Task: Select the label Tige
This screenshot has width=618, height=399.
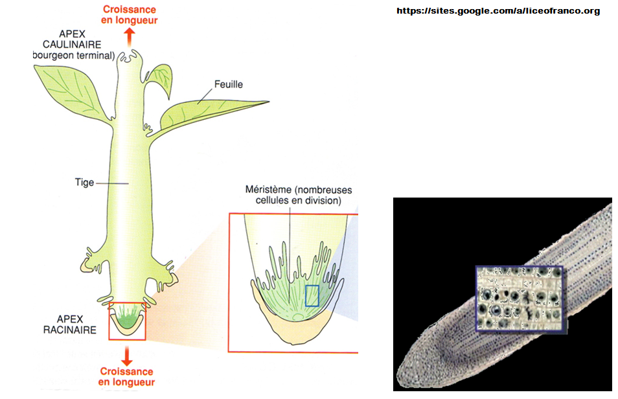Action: tap(85, 183)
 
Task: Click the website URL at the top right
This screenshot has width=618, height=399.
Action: tap(498, 11)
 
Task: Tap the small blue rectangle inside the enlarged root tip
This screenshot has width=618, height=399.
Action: tap(312, 295)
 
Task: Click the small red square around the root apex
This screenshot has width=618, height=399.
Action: tap(127, 321)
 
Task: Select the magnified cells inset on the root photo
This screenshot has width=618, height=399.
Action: tap(521, 300)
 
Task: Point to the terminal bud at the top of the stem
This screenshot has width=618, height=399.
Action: tap(130, 60)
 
